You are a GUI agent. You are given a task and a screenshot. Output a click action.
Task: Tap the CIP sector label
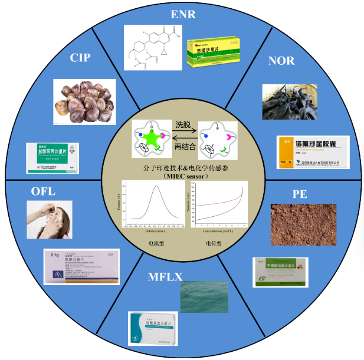(x=80, y=58)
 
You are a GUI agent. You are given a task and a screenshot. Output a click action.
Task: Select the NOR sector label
(x=281, y=61)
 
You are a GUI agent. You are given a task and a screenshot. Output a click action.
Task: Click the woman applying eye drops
(x=50, y=219)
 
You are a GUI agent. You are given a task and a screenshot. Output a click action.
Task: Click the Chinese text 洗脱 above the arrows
(x=182, y=125)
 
